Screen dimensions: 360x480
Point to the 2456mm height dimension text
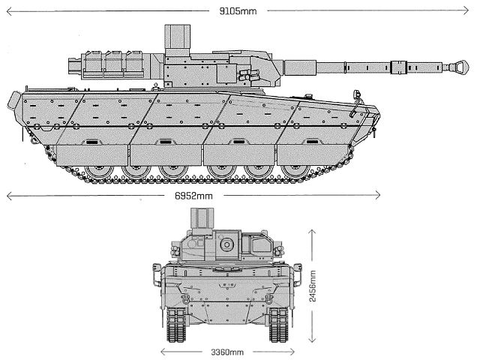pyautogui.click(x=313, y=282)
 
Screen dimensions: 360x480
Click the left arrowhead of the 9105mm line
pyautogui.click(x=7, y=11)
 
